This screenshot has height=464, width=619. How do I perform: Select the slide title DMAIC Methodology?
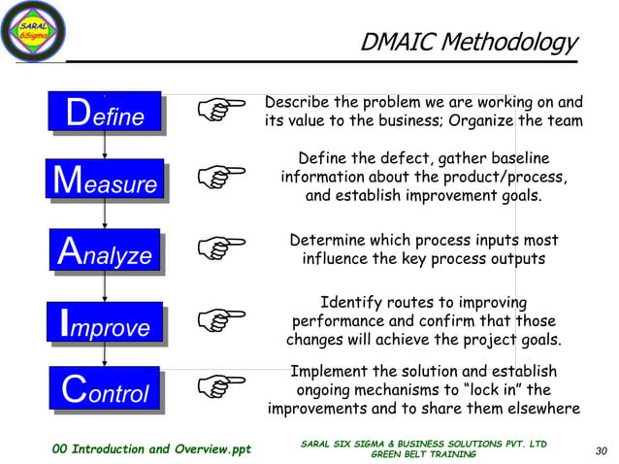tap(468, 42)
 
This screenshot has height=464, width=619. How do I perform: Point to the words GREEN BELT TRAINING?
tap(424, 454)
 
